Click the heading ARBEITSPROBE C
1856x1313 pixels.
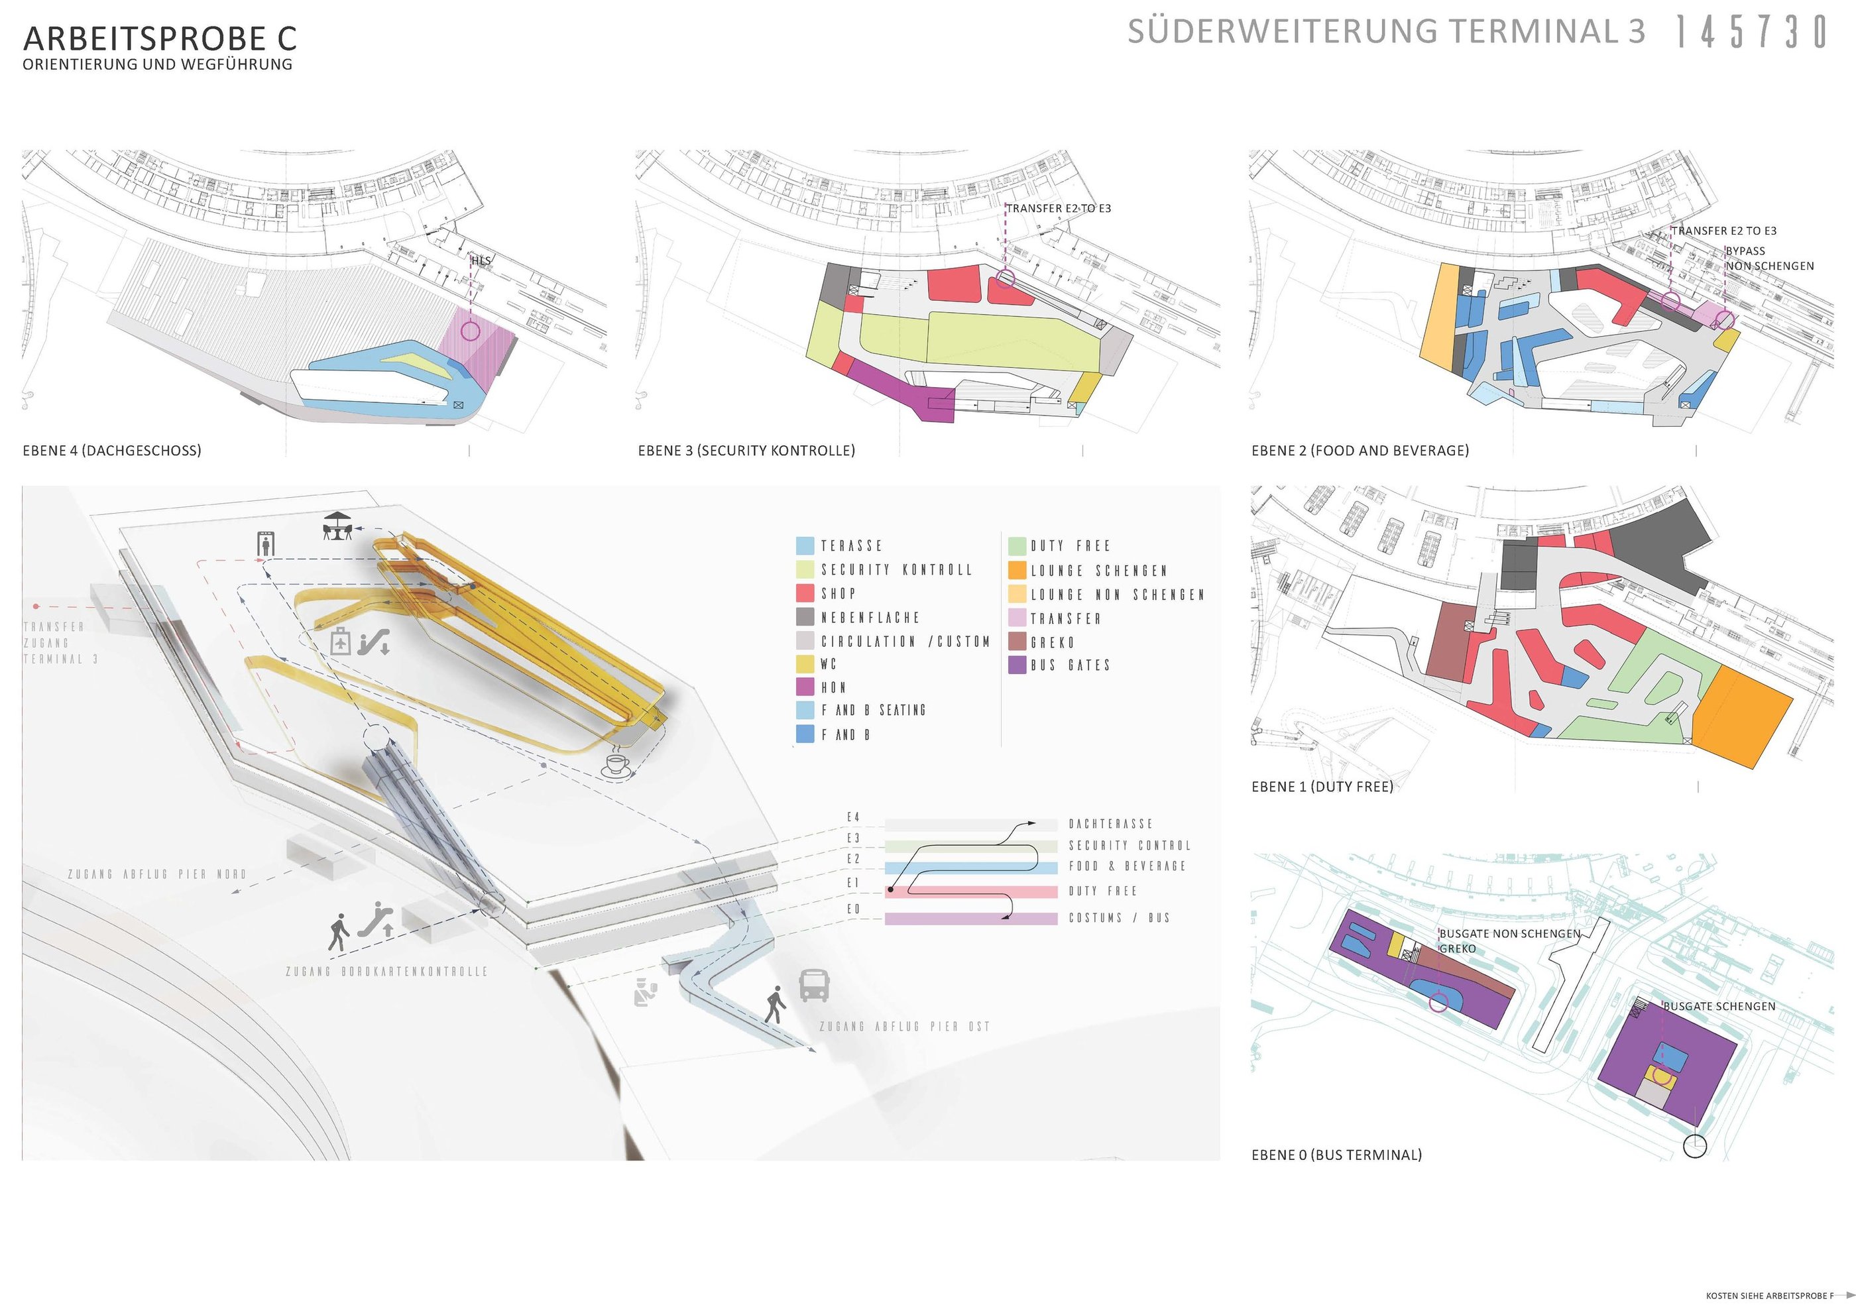[160, 38]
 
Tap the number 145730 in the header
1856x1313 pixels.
[1751, 33]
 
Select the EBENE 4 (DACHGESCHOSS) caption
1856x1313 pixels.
[111, 450]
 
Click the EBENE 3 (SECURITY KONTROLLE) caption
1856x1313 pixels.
[746, 450]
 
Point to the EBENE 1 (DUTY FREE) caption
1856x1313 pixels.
[1322, 787]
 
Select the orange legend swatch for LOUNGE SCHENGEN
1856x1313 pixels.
[1017, 571]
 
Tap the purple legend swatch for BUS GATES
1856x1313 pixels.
[1017, 665]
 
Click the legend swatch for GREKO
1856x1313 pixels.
[1017, 642]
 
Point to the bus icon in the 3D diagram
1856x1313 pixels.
[813, 986]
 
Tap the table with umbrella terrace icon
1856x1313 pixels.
[338, 526]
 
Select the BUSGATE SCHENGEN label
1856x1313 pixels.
[1719, 1007]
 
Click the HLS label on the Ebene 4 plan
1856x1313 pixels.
[480, 260]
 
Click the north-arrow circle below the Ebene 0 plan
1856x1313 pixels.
[1694, 1147]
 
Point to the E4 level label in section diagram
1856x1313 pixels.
[853, 817]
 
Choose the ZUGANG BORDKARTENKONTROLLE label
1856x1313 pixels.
[386, 972]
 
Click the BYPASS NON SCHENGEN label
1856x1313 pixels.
[1769, 258]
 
